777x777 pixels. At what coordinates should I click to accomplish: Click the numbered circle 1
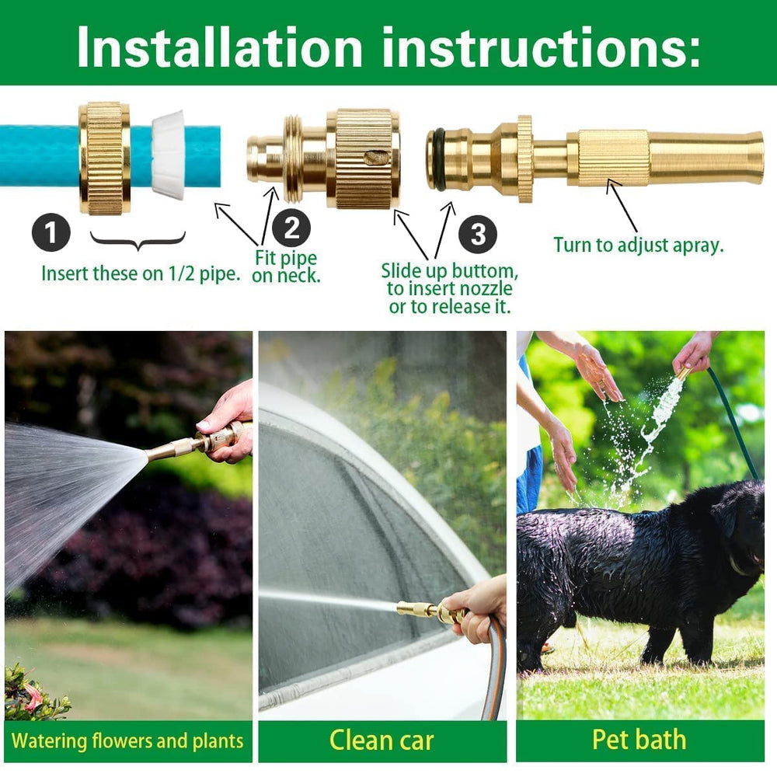(x=51, y=232)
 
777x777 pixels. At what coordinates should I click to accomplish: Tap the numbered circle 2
(x=291, y=228)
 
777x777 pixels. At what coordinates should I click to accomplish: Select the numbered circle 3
(x=479, y=233)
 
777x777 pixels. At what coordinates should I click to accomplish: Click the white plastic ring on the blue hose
(x=169, y=155)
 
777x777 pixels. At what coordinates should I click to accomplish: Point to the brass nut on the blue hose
(x=105, y=158)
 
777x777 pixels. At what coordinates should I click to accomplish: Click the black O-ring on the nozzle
(x=440, y=159)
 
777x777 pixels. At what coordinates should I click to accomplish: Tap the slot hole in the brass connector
(x=375, y=158)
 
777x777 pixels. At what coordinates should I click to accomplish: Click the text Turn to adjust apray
(x=638, y=245)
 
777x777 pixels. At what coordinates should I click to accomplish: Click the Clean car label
(x=382, y=740)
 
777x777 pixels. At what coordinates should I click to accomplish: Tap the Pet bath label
(x=639, y=740)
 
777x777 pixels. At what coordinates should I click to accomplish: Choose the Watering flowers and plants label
(x=127, y=740)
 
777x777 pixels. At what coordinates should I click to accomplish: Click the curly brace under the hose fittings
(x=138, y=242)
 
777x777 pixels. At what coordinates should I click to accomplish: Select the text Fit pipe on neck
(x=286, y=267)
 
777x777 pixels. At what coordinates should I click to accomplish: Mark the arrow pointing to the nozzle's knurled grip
(x=622, y=206)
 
